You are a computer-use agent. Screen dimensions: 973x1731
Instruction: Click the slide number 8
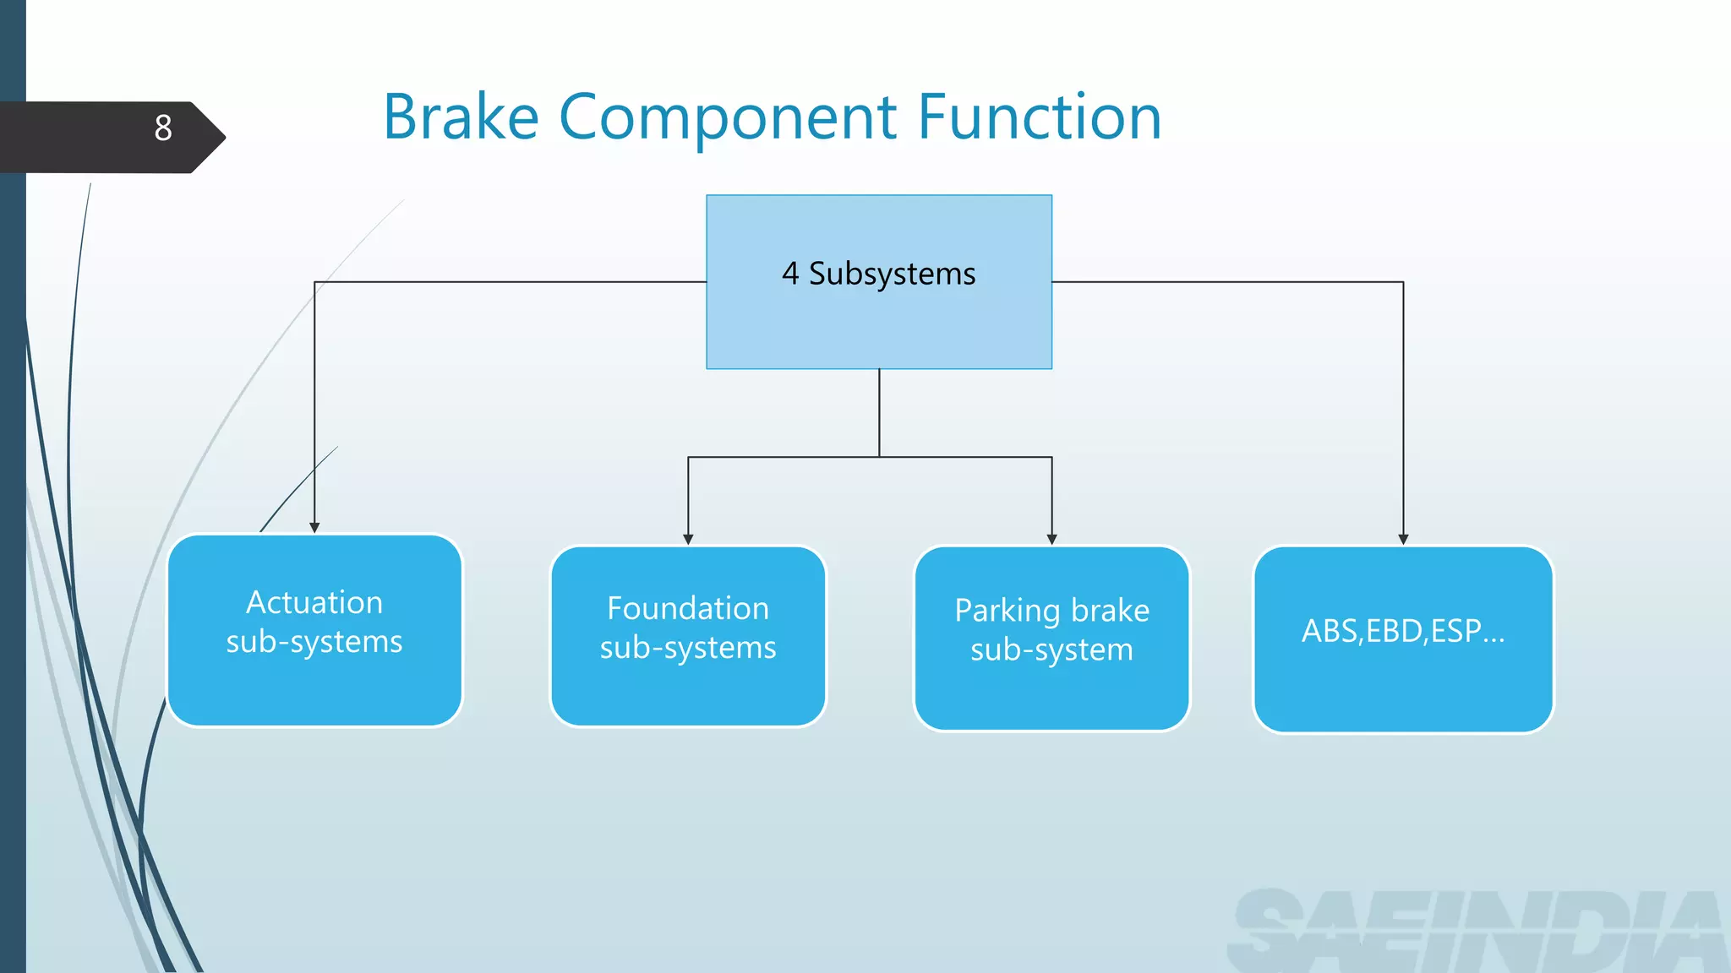coord(163,128)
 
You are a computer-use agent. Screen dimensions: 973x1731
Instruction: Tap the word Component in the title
coord(728,118)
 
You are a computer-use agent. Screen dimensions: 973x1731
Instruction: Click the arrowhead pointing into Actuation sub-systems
coord(314,528)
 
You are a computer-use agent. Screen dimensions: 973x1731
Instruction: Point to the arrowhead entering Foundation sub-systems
coord(688,539)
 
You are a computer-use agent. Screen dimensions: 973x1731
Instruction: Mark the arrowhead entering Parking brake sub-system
coord(1051,539)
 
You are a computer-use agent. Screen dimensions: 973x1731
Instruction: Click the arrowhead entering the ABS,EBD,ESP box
coord(1403,539)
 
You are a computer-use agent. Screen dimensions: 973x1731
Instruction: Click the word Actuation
coord(314,603)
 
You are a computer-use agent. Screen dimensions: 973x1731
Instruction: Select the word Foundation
coord(688,609)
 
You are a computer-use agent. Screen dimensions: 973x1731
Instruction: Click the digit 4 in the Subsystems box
coord(789,274)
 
